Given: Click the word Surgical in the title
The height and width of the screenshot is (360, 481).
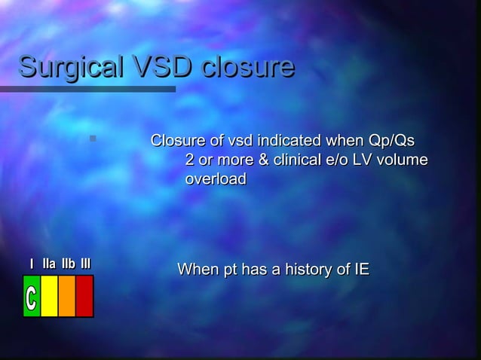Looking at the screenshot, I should [x=64, y=68].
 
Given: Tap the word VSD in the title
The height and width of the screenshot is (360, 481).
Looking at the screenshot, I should [x=155, y=67].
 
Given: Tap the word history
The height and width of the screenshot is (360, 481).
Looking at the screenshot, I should [x=302, y=270].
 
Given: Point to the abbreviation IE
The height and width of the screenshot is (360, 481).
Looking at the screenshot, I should [x=362, y=270].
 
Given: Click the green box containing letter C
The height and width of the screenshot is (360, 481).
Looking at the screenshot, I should [x=31, y=296].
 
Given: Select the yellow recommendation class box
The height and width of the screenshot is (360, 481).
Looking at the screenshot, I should [x=49, y=296].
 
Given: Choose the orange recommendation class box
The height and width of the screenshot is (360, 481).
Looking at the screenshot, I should [x=66, y=296].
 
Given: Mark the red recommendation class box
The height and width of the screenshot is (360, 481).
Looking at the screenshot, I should [x=84, y=296].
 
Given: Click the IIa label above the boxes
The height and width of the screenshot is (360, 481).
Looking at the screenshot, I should [x=49, y=264].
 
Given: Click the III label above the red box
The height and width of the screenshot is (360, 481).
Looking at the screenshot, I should [x=86, y=264].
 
